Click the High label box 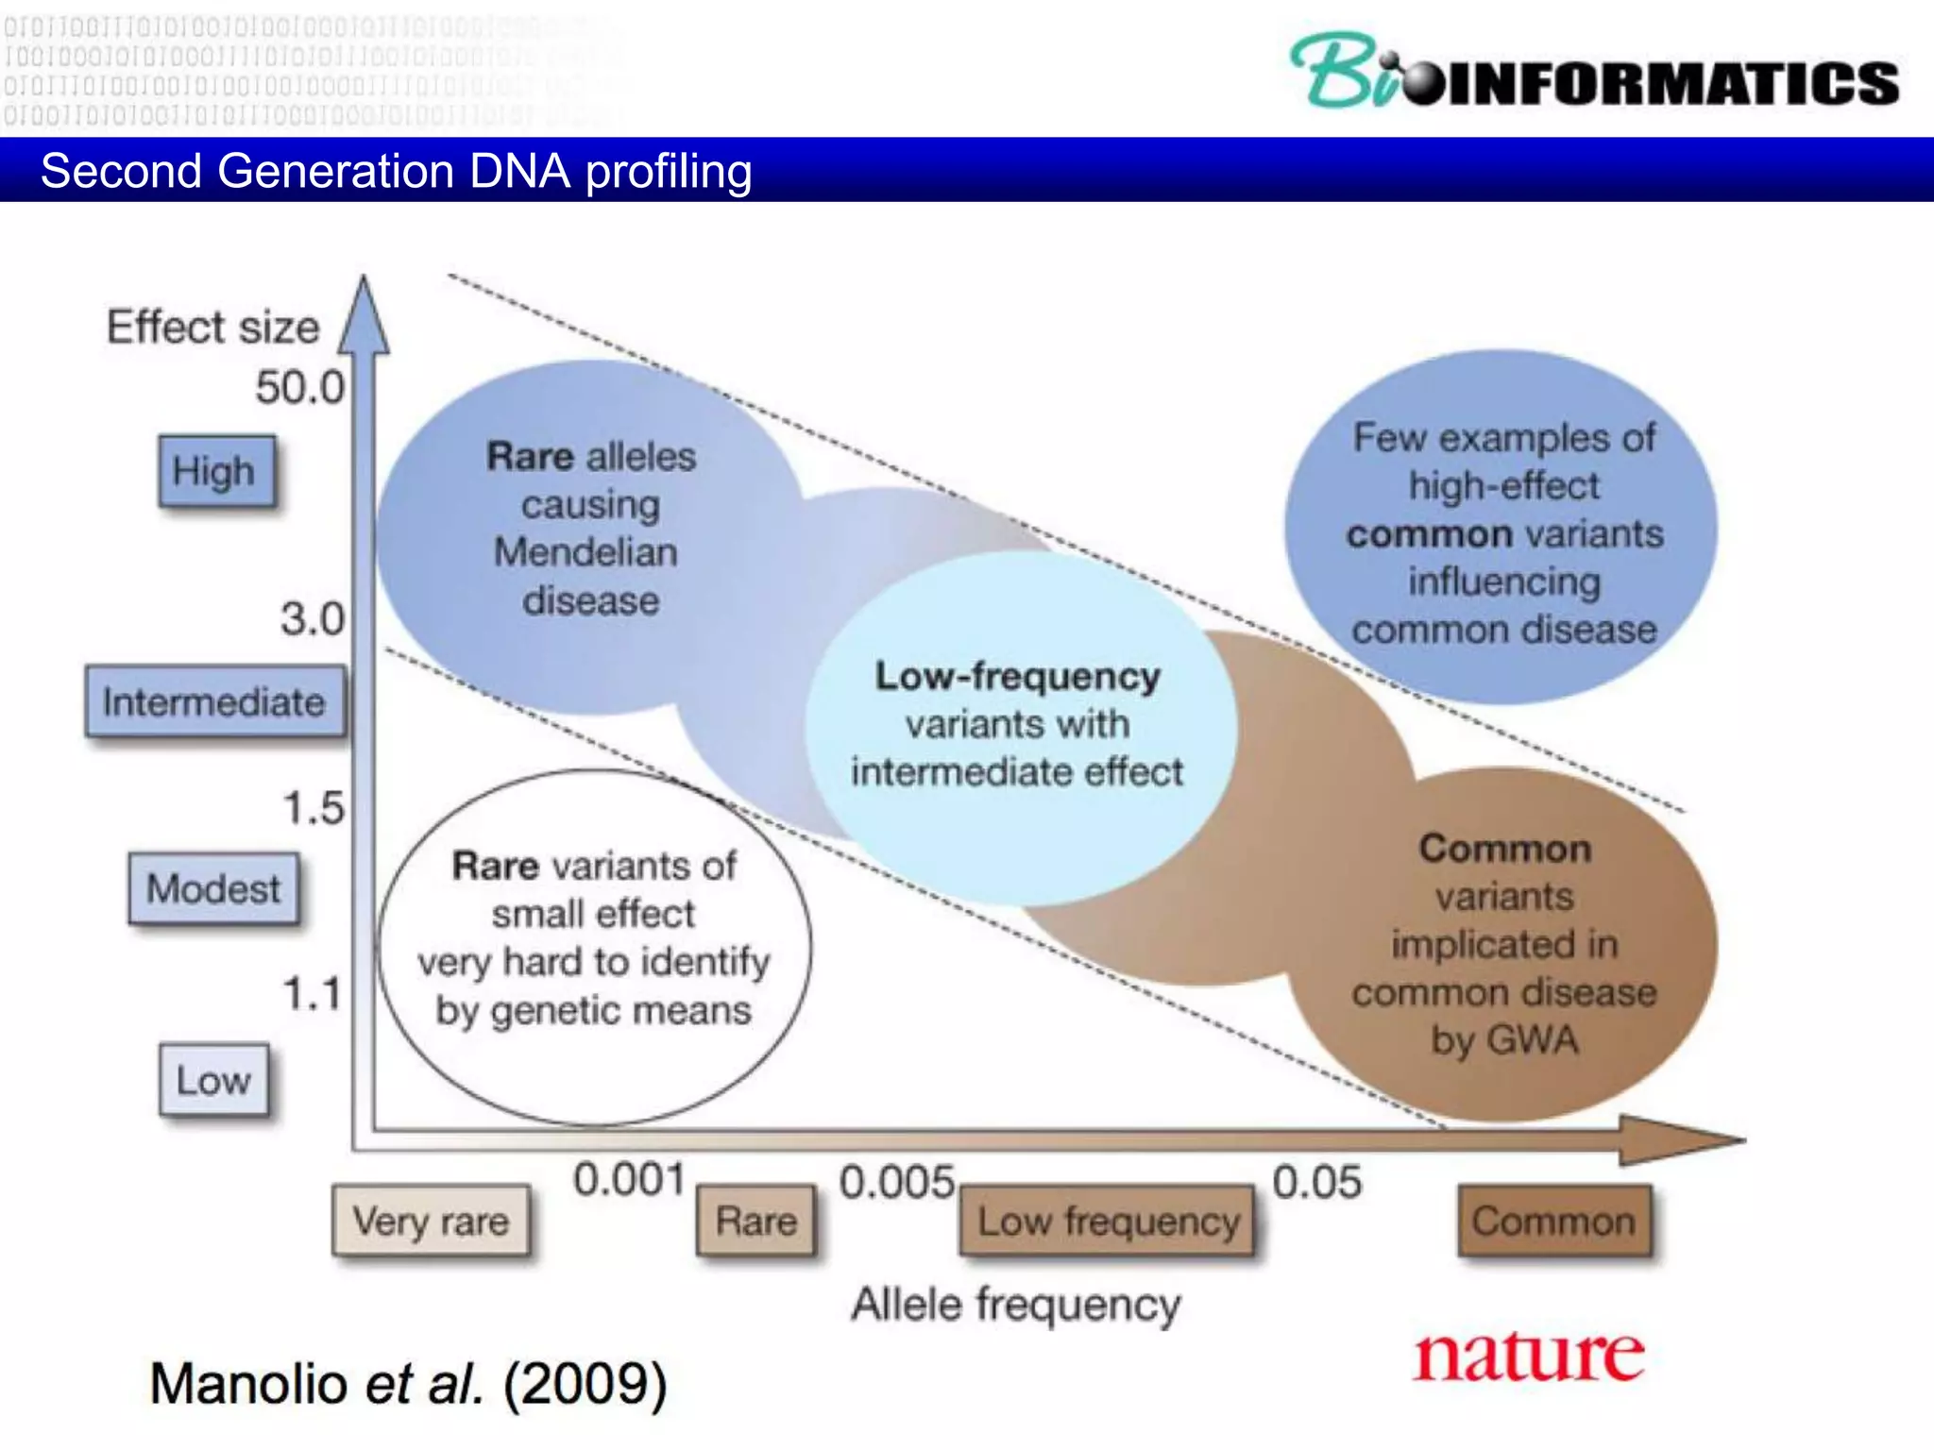[216, 471]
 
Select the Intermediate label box [214, 701]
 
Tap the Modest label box [213, 888]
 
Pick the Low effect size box [213, 1080]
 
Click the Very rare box [431, 1221]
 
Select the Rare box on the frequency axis [755, 1221]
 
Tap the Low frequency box [1108, 1221]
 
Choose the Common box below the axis [1554, 1221]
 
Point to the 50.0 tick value [299, 388]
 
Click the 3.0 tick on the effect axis [312, 619]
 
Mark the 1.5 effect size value [314, 808]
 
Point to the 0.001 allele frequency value [629, 1180]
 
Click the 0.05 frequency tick [1316, 1182]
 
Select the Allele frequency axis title [1015, 1305]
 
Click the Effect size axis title [212, 328]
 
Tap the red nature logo [1528, 1356]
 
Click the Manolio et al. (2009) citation [409, 1384]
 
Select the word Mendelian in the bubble [585, 552]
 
